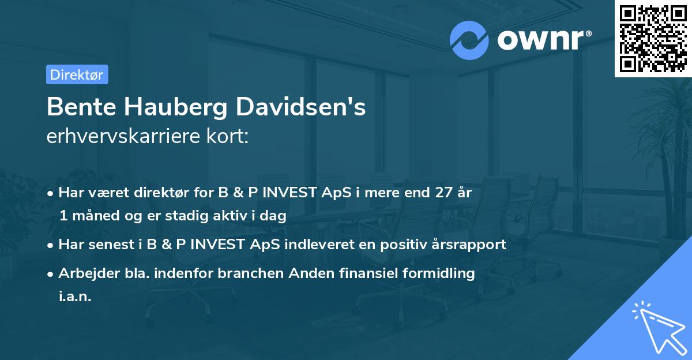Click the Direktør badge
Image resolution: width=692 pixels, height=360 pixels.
[x=77, y=74]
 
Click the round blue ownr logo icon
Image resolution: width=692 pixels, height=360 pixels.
[x=469, y=40]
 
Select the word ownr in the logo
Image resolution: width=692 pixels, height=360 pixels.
[x=543, y=39]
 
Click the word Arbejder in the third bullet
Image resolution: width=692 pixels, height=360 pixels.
[x=85, y=273]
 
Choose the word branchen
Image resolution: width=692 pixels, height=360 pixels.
[x=234, y=273]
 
